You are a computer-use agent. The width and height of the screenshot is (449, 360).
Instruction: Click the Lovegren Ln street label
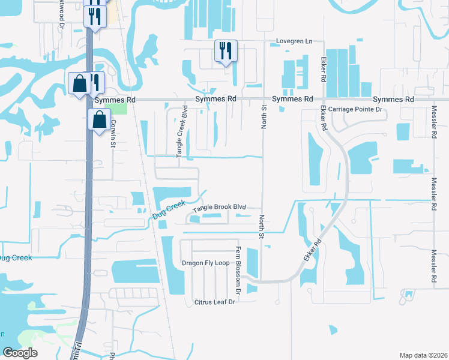(295, 41)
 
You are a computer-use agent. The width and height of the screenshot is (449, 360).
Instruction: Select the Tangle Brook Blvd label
(220, 206)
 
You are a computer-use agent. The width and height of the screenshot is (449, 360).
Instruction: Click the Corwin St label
(112, 135)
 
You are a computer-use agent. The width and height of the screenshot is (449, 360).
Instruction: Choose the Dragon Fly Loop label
(206, 263)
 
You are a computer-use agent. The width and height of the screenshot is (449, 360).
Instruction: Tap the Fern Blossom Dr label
(238, 270)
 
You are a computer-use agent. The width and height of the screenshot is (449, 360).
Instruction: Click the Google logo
(19, 353)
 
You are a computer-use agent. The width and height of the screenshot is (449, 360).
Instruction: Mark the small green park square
(120, 109)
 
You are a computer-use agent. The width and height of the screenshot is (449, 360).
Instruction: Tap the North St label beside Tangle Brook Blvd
(261, 226)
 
